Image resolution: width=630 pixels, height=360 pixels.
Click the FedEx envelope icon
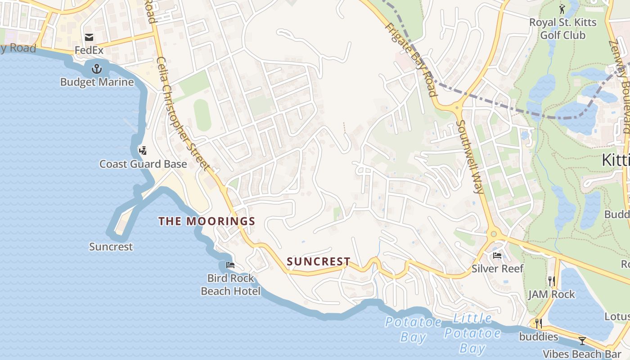(x=89, y=37)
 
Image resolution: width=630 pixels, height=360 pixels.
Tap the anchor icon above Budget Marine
(x=97, y=69)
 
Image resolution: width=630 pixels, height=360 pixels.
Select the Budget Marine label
(x=97, y=82)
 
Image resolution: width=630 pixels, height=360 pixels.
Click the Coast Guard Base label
(x=143, y=164)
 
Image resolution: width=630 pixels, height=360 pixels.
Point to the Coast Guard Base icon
(x=143, y=150)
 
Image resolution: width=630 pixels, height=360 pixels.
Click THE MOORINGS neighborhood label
(x=207, y=221)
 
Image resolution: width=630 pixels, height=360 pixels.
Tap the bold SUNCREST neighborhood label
(x=319, y=261)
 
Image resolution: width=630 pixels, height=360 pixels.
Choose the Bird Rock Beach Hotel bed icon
(x=230, y=265)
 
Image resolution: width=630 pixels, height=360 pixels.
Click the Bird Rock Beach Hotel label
(x=230, y=284)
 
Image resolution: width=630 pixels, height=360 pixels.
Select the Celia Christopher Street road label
(x=183, y=113)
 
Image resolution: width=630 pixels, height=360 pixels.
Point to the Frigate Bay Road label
(x=410, y=58)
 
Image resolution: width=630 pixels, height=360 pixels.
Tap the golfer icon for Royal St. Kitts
(x=562, y=9)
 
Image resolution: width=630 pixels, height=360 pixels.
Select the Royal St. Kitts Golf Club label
(x=562, y=29)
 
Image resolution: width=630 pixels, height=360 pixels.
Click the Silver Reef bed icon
(x=497, y=256)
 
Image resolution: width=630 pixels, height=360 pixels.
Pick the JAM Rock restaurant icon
(x=552, y=281)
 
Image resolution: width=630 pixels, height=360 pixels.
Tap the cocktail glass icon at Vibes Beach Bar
(x=582, y=341)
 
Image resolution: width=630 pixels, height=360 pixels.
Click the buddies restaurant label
(x=538, y=337)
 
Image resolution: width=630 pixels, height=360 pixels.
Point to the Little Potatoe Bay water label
(x=472, y=333)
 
